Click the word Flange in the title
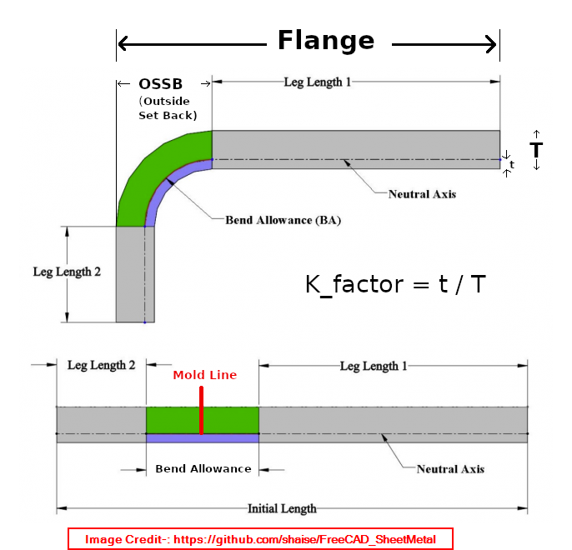click(326, 40)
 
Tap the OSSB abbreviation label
click(161, 84)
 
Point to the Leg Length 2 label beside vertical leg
click(67, 272)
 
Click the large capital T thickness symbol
click(536, 151)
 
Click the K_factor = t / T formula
click(396, 284)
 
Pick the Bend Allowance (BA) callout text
click(283, 221)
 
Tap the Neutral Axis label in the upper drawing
click(422, 194)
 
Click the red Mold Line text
click(205, 375)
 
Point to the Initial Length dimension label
click(282, 508)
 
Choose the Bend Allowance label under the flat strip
click(203, 469)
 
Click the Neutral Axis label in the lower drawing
click(450, 469)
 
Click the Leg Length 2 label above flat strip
click(101, 366)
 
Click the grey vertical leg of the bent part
click(130, 274)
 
